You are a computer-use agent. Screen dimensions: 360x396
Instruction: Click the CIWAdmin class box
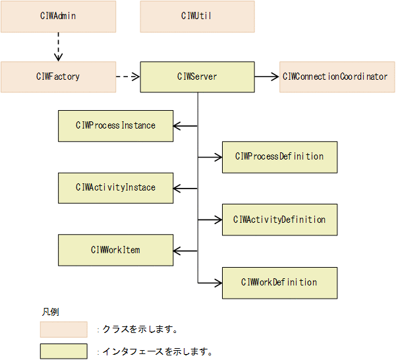pos(58,16)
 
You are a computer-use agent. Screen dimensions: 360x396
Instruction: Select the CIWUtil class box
pos(197,16)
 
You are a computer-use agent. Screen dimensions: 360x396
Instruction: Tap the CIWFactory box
pos(58,77)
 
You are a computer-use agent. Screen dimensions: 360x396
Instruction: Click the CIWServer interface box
pos(197,77)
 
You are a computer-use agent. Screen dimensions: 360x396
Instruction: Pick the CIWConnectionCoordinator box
pos(335,77)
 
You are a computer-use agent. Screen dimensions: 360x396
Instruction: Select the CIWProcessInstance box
pos(115,125)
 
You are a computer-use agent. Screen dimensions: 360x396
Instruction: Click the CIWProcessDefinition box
pos(279,157)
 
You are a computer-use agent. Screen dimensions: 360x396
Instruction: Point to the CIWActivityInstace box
pos(115,188)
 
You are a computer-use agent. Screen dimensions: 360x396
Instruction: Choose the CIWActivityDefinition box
pos(279,220)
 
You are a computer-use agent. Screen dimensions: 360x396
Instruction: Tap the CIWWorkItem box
pos(115,251)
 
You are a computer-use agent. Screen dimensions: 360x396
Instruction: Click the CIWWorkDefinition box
pos(279,282)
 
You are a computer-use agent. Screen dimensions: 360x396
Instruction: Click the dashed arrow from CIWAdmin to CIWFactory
pos(58,47)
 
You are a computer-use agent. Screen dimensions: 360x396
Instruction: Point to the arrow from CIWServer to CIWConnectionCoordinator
pos(267,77)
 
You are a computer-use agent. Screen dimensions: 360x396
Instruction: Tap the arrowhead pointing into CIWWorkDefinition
pos(218,282)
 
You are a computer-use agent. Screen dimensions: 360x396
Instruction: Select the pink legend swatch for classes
pos(63,330)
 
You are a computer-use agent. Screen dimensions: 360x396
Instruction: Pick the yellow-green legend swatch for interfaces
pos(63,351)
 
